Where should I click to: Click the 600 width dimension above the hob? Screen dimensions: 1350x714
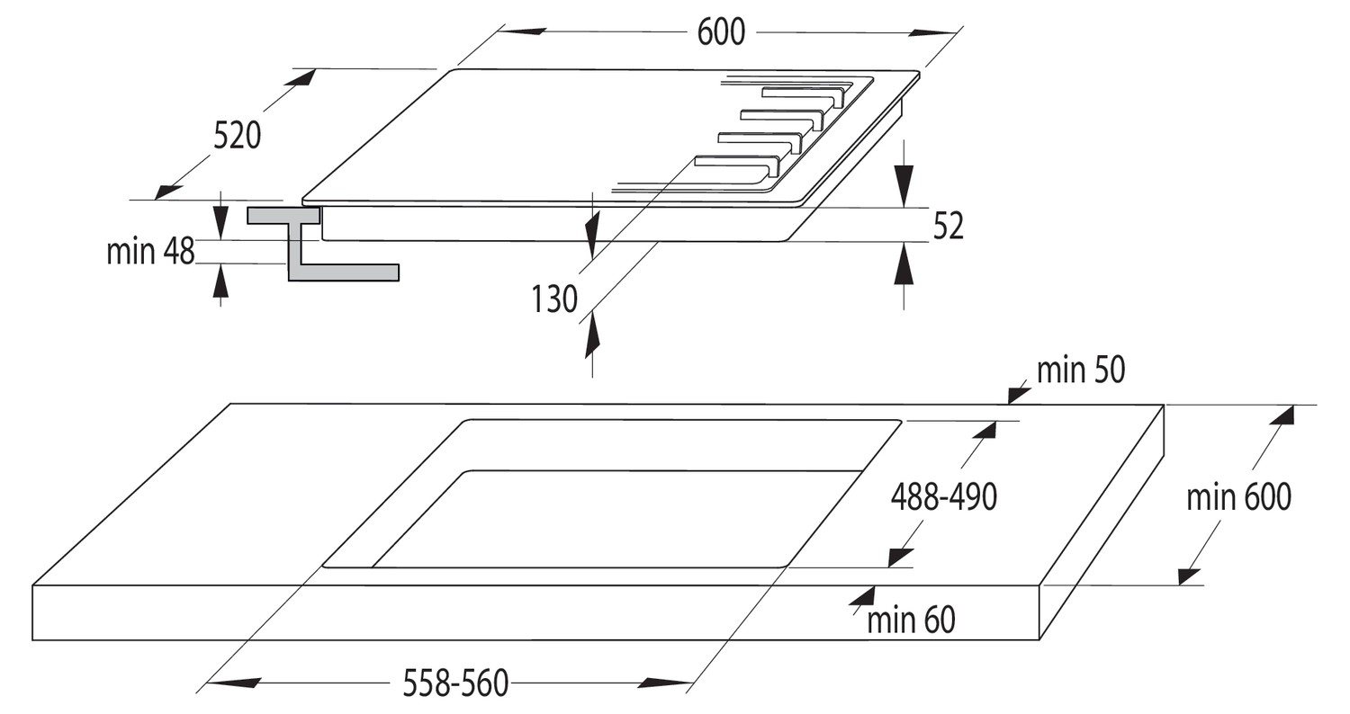coord(721,31)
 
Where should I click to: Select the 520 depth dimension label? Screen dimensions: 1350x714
coord(237,136)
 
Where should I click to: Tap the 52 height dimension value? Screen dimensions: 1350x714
coord(948,227)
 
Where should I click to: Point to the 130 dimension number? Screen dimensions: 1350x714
coord(553,299)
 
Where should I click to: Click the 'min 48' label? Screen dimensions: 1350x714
coord(150,251)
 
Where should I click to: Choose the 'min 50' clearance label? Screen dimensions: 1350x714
coord(1081,370)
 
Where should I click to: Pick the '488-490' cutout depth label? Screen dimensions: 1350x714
coord(944,497)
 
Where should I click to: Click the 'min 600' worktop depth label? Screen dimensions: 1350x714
coord(1238,497)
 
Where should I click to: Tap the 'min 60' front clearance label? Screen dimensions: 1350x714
coord(911,620)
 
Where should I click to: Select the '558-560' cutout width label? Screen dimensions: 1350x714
coord(455,683)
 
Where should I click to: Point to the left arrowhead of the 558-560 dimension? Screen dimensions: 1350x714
coord(233,683)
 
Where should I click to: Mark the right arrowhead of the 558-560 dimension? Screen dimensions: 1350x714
coord(665,683)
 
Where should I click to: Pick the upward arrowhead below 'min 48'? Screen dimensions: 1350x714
coord(220,281)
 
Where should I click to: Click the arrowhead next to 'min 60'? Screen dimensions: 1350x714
coord(862,596)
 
